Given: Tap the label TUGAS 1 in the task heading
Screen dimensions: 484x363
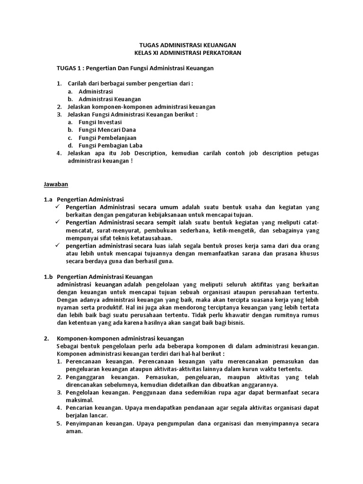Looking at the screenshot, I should pos(69,68).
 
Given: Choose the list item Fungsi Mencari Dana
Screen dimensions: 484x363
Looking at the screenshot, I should pos(103,130).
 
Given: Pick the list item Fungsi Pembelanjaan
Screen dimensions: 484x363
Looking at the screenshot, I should pos(103,138).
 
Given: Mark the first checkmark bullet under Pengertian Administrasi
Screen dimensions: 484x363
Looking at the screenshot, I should pos(57,207).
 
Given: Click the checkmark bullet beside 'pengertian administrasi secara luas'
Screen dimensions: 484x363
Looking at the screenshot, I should pos(57,245).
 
